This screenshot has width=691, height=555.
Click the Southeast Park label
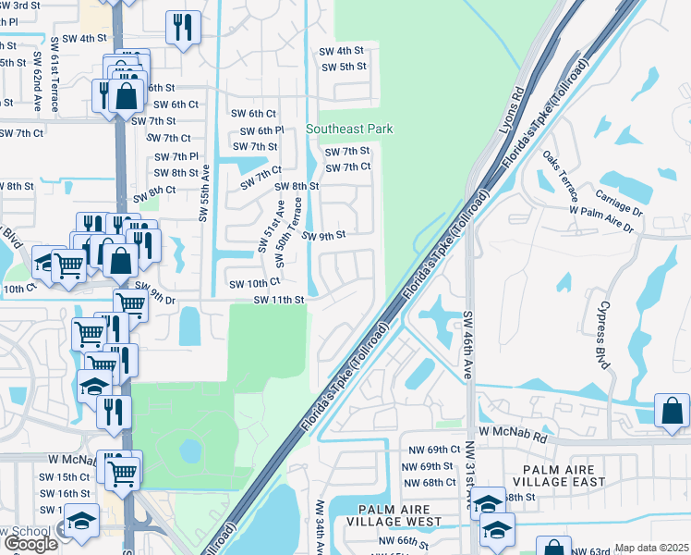(350, 129)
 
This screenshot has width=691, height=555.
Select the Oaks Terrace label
(560, 177)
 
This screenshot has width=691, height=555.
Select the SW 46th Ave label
(467, 344)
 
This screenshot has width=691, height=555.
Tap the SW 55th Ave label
(203, 192)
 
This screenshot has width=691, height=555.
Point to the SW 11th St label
(279, 300)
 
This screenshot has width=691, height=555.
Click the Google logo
(30, 543)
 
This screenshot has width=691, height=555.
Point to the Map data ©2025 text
(650, 548)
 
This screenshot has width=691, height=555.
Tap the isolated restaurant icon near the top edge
(183, 28)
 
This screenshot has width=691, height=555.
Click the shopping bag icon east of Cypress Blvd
(672, 412)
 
